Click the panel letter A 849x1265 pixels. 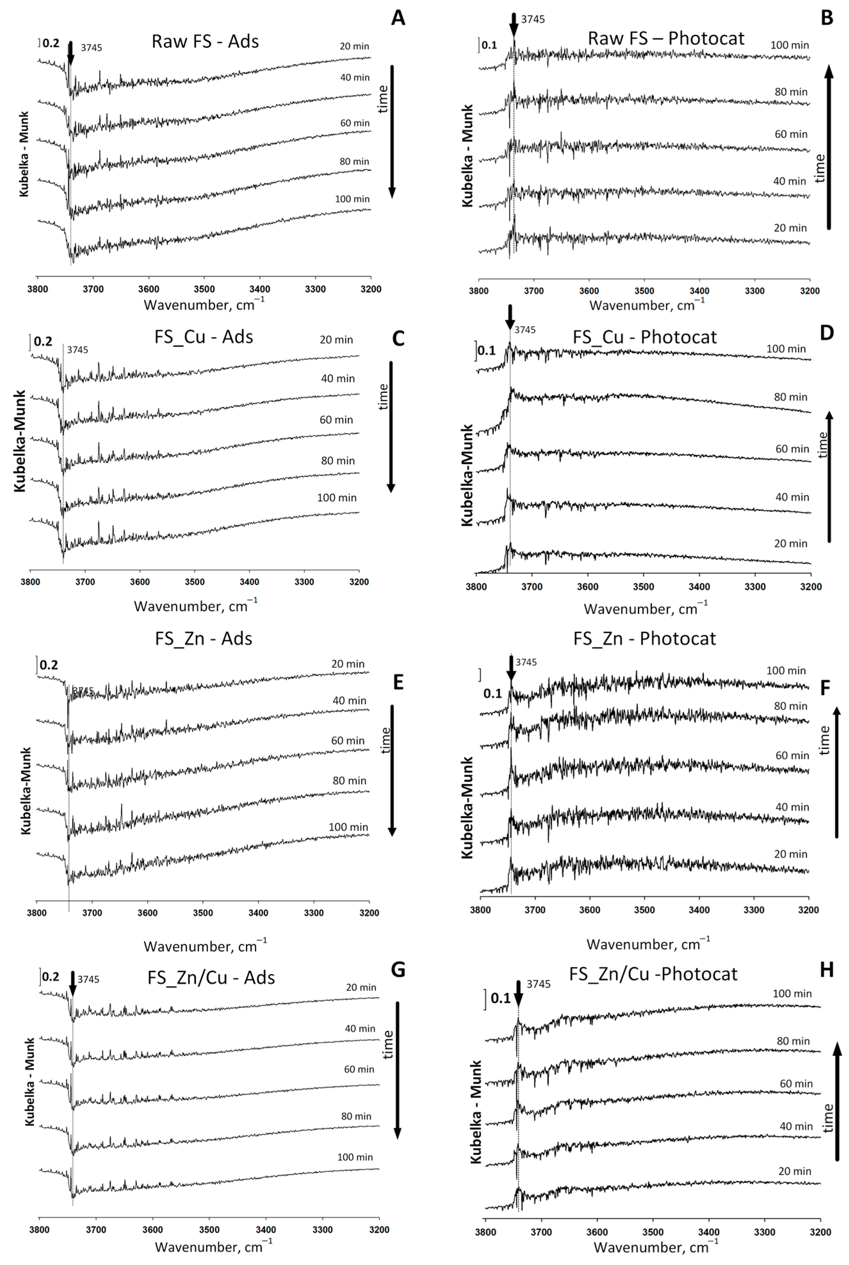(x=398, y=18)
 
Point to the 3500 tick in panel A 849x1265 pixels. (x=204, y=289)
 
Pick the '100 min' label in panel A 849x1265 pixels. (x=352, y=199)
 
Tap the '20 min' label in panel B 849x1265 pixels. (x=790, y=228)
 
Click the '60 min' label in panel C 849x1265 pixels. (x=336, y=420)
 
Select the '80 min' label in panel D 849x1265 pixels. (x=790, y=397)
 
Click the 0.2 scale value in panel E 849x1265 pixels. (x=49, y=665)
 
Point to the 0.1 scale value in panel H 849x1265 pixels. (x=500, y=998)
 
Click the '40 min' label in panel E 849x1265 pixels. (x=349, y=700)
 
